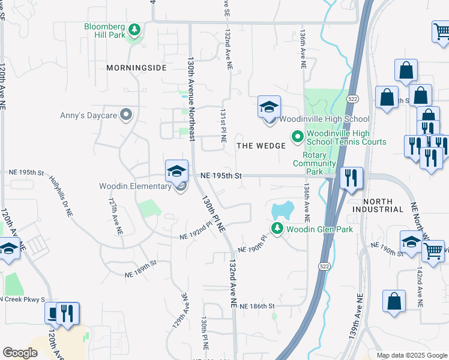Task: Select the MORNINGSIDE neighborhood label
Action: pyautogui.click(x=136, y=68)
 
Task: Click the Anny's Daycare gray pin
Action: pyautogui.click(x=125, y=114)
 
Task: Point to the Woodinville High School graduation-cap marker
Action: pyautogui.click(x=270, y=108)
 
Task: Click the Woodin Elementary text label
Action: pyautogui.click(x=136, y=186)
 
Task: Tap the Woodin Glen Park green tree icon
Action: pyautogui.click(x=277, y=228)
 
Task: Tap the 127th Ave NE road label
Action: pyautogui.click(x=115, y=216)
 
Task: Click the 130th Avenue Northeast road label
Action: pyautogui.click(x=191, y=99)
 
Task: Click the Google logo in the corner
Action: pyautogui.click(x=20, y=353)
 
